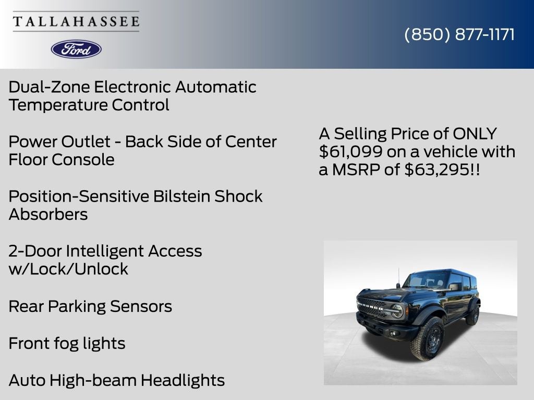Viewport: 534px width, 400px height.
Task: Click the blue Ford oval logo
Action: coord(76,49)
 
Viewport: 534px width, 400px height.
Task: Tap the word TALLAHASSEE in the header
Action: coord(76,21)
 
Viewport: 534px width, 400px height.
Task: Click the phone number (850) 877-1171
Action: coord(459,34)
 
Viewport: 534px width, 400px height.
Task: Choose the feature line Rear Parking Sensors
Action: coord(90,306)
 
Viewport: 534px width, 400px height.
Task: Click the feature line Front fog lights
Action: coord(67,343)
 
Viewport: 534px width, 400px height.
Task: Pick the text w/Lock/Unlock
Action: coord(68,269)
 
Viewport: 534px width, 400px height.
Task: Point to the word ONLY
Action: coord(475,134)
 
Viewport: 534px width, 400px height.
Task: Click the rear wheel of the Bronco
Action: coord(474,315)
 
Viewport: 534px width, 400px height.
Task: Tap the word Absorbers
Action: coord(48,215)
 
